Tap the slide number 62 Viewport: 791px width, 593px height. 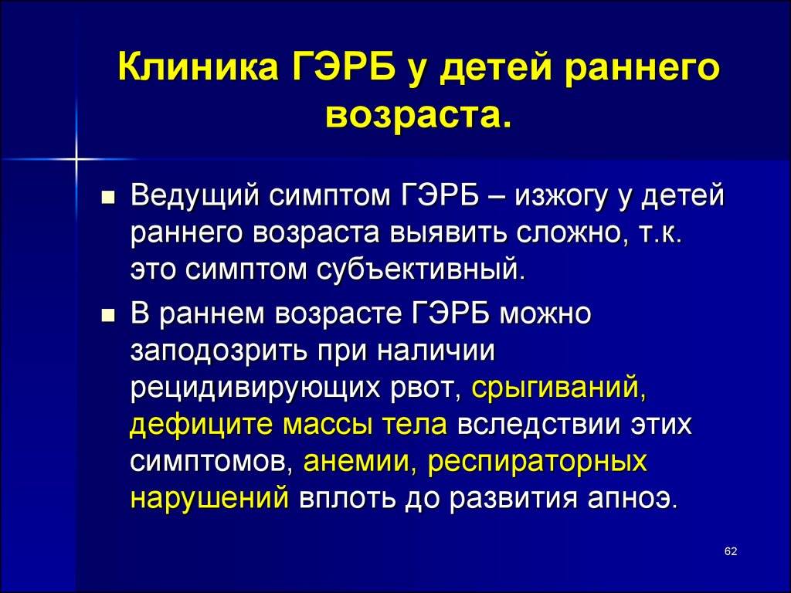(x=731, y=551)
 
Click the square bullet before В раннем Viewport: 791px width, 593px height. (x=107, y=316)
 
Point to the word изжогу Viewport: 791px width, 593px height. (x=558, y=197)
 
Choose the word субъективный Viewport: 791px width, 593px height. (x=421, y=270)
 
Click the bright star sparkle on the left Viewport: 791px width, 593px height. (x=76, y=159)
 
